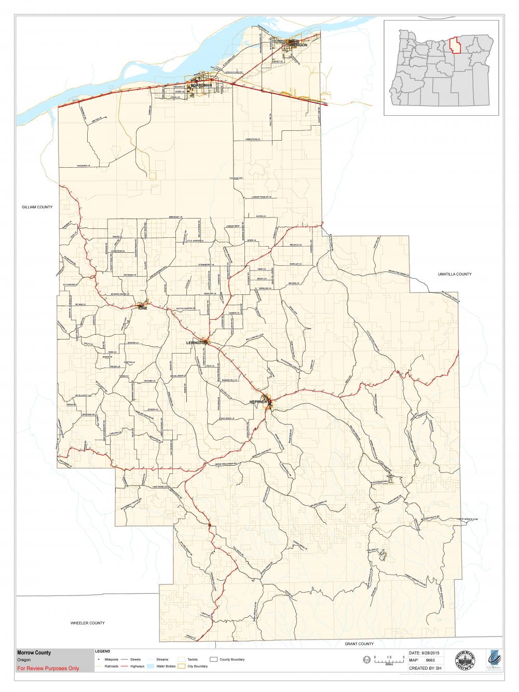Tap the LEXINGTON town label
[x=197, y=343]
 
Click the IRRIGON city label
[x=300, y=46]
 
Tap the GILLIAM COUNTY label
[x=37, y=207]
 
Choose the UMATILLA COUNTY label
[x=454, y=274]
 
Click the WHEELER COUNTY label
[x=88, y=623]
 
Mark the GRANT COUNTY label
[x=359, y=644]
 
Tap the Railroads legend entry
[x=107, y=666]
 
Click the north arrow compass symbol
[x=367, y=660]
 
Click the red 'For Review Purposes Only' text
[x=48, y=669]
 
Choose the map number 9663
[x=430, y=660]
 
